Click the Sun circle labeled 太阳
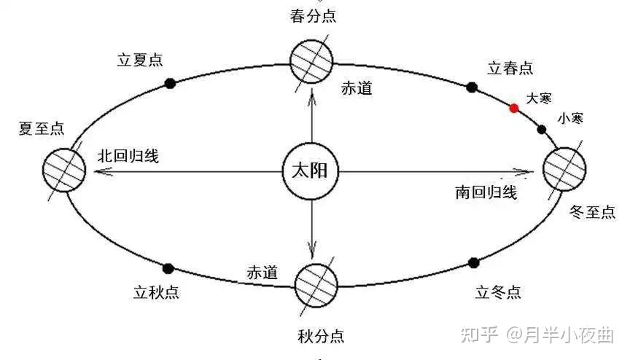[x=311, y=173]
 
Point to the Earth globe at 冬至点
[x=564, y=168]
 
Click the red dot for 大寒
[x=514, y=109]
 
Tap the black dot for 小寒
[x=541, y=130]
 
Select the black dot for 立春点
[x=472, y=87]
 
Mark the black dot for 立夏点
[x=170, y=83]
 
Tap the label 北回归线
[x=128, y=156]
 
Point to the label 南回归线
[x=486, y=192]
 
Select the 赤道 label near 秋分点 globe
[x=262, y=273]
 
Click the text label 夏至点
[x=42, y=130]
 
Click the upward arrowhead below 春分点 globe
[x=311, y=97]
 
